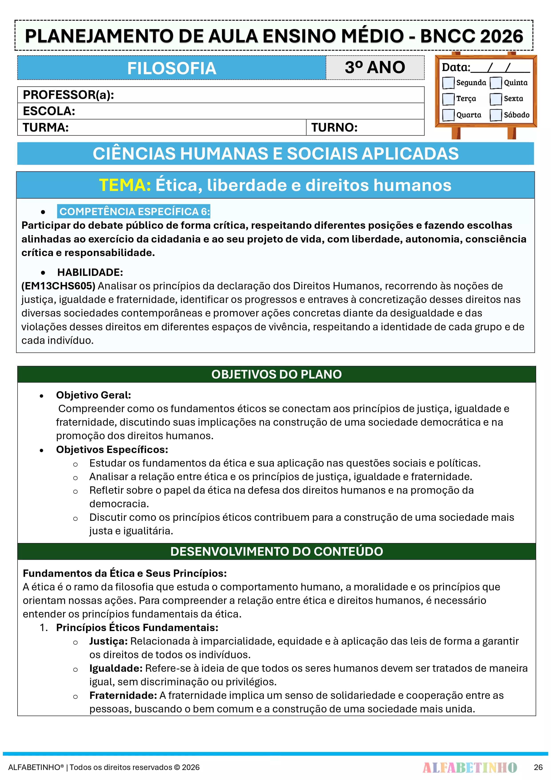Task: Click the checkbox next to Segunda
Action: [x=448, y=82]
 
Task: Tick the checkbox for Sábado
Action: [x=496, y=115]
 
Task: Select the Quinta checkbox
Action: [x=496, y=82]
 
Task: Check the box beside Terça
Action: [x=448, y=99]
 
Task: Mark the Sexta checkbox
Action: [x=496, y=99]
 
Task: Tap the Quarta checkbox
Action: [x=448, y=115]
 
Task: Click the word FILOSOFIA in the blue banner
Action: [x=172, y=68]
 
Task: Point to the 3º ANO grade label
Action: [x=375, y=67]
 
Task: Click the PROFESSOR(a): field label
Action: [x=68, y=95]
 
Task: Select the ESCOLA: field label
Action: [x=49, y=111]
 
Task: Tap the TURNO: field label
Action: [x=334, y=127]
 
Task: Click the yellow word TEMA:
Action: [x=125, y=185]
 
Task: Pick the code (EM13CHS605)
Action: [x=58, y=286]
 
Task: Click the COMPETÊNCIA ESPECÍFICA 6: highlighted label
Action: [x=134, y=211]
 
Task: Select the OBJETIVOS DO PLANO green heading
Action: [x=276, y=374]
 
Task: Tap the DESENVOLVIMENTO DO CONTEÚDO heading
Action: [x=276, y=551]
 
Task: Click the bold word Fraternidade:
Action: [x=123, y=695]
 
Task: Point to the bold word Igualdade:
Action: [x=116, y=668]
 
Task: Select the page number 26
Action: [x=538, y=767]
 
